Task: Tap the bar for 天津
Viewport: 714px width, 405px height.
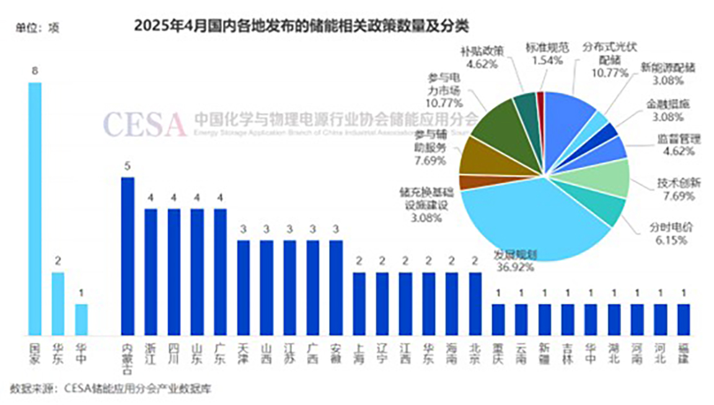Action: (x=243, y=287)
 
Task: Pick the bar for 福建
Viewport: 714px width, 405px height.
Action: (x=683, y=319)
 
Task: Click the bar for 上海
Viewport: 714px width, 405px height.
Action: (x=359, y=303)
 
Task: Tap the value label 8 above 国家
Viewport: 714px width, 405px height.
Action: (x=35, y=71)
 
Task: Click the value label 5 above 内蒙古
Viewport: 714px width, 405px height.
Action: (x=127, y=166)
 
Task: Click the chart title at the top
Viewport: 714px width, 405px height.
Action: (x=301, y=25)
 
